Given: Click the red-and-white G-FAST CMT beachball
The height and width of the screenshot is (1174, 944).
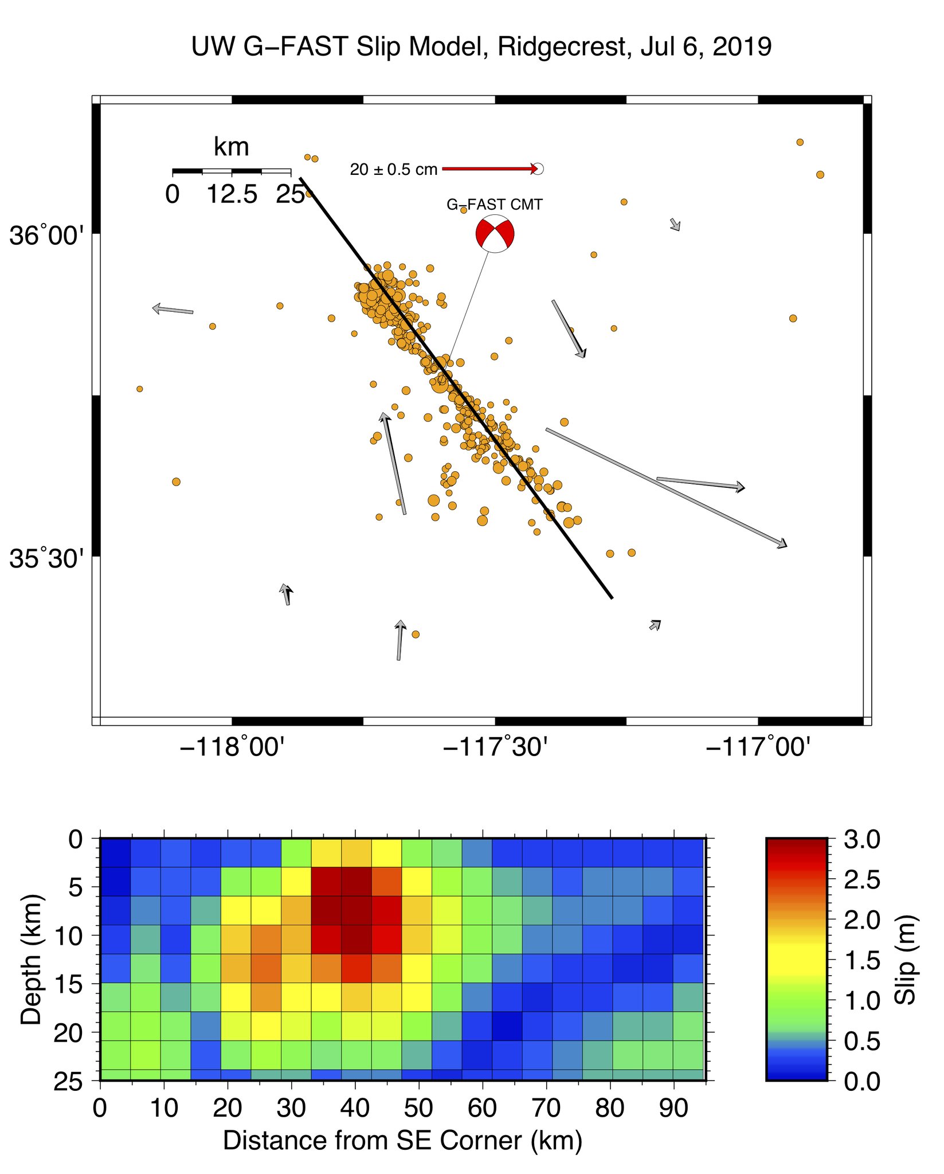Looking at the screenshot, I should (x=495, y=234).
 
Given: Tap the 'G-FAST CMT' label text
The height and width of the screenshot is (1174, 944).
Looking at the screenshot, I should (x=494, y=205).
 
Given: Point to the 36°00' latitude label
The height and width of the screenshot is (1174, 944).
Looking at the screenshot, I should (x=46, y=236).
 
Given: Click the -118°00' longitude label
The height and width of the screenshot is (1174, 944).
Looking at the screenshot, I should (x=232, y=747).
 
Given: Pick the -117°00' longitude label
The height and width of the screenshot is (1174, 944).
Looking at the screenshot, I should (x=758, y=747).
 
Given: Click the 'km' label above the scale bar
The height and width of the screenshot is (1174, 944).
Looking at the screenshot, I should (x=232, y=147).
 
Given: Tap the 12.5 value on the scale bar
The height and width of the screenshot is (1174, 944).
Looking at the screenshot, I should (x=232, y=195).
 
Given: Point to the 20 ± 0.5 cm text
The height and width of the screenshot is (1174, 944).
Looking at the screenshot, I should (x=393, y=170).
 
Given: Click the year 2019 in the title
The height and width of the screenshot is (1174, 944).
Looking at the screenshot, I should (x=742, y=46).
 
